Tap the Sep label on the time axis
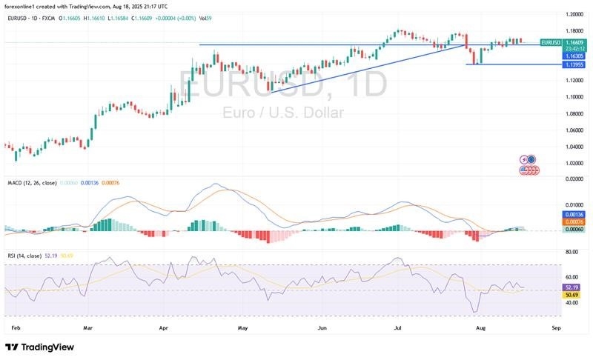click(556, 326)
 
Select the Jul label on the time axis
click(397, 326)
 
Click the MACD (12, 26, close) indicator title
click(31, 182)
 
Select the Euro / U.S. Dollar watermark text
click(282, 113)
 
